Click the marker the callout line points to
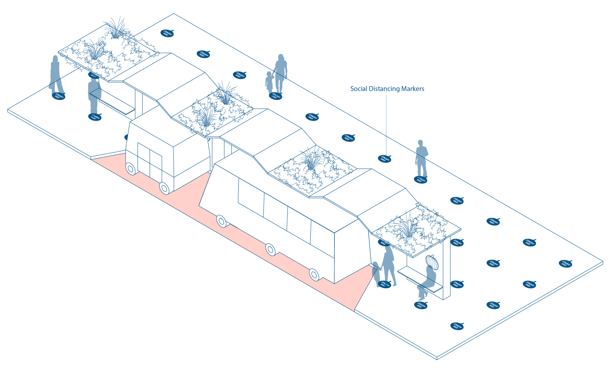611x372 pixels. click(x=384, y=158)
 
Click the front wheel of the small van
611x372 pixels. click(x=165, y=188)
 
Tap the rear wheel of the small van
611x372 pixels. click(x=131, y=168)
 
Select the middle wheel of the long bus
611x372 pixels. click(x=270, y=249)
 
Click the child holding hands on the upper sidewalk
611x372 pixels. click(x=269, y=82)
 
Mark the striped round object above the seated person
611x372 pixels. click(x=432, y=262)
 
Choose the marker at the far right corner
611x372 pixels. click(x=565, y=263)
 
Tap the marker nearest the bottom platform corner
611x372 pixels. click(x=457, y=326)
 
